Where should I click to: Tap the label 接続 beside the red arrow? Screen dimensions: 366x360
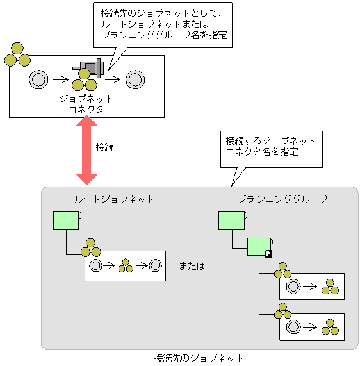[x=104, y=147]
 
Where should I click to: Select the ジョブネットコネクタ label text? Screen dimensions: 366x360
[x=86, y=104]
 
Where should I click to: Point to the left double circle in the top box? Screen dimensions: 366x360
[x=39, y=79]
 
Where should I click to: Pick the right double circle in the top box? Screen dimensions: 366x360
[x=134, y=79]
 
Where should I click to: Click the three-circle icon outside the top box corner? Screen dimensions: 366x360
[x=17, y=55]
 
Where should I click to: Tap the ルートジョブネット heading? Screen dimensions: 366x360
[x=114, y=199]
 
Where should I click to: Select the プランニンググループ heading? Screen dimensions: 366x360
[x=282, y=199]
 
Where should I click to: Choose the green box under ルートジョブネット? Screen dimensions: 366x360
[x=65, y=220]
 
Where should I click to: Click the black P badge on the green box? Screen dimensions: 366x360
[x=268, y=254]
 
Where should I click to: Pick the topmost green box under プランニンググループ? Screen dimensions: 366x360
[x=231, y=220]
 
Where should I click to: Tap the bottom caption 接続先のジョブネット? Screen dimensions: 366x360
[x=199, y=358]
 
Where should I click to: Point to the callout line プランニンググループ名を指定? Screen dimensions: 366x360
[x=164, y=35]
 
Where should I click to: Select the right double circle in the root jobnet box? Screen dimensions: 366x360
[x=155, y=265]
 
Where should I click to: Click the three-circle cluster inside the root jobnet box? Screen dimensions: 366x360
[x=126, y=265]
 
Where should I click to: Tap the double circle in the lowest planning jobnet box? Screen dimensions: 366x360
[x=294, y=327]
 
